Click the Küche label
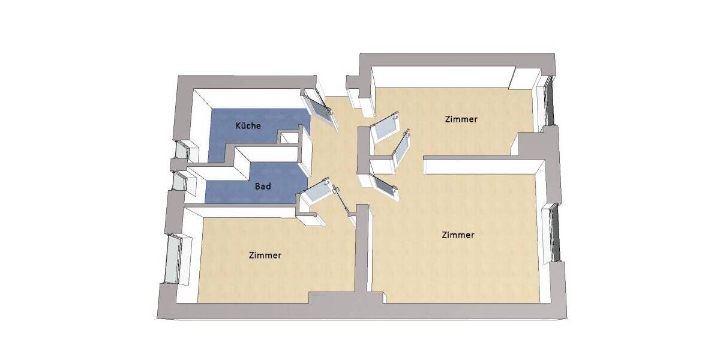pos(248,126)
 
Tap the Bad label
pos(263,187)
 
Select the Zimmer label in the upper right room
pos(461,119)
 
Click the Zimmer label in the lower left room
pos(265,255)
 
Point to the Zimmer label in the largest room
pos(457,235)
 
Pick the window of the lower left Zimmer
pos(174,260)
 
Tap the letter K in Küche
pos(238,126)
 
